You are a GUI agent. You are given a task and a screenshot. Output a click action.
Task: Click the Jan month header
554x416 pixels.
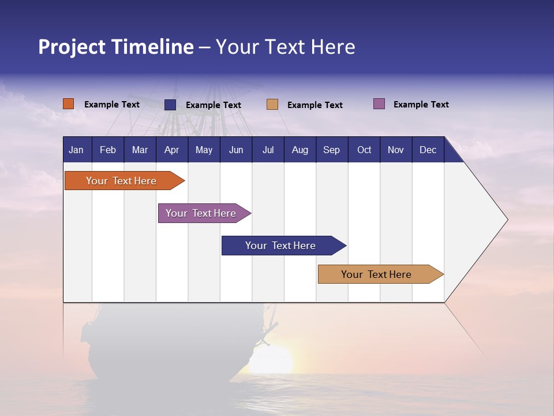(76, 150)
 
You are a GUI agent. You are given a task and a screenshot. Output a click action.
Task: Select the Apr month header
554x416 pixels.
(171, 150)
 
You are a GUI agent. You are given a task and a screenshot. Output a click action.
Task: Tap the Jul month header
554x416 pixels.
(268, 150)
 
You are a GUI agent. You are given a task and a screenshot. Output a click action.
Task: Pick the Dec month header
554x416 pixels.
(428, 150)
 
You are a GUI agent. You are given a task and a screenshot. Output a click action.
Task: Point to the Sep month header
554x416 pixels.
(331, 150)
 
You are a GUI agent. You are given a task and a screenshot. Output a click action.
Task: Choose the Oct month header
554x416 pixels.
(364, 150)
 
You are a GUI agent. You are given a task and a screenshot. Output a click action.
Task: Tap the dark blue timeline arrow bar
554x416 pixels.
(281, 246)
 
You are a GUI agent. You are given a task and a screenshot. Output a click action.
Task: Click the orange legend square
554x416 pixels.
(68, 104)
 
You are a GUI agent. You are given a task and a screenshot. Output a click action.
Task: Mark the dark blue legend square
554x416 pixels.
(170, 105)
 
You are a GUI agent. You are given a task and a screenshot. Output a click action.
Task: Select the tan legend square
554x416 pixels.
(272, 105)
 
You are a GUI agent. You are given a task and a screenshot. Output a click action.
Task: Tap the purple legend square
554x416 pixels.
(379, 104)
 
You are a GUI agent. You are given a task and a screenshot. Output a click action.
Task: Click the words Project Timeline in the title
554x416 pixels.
(115, 47)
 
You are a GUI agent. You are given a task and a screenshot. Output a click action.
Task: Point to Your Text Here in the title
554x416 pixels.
(285, 47)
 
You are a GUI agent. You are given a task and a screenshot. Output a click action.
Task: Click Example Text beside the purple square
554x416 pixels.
(421, 105)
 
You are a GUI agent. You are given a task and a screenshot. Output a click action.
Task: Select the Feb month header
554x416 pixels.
(107, 150)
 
